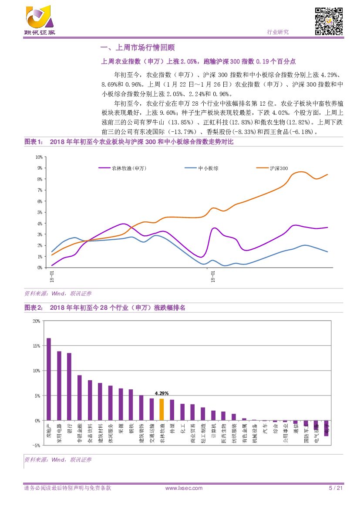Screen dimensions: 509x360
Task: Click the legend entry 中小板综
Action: coord(208,168)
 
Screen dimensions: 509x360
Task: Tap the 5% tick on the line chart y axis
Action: coord(40,212)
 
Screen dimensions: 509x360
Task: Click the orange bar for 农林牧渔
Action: coord(161,410)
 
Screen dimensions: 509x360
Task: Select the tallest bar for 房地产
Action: coord(49,379)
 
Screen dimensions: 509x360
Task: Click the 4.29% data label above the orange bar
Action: coord(161,393)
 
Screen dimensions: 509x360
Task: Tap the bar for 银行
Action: coord(69,387)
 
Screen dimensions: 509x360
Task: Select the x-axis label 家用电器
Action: coord(59,433)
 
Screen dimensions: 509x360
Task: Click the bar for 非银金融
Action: coord(80,398)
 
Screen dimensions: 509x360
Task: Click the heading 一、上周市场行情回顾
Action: coord(138,47)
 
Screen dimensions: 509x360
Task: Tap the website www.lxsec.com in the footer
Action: coord(184,488)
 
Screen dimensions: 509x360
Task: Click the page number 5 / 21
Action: coord(336,488)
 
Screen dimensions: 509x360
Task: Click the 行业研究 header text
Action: coord(277,32)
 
